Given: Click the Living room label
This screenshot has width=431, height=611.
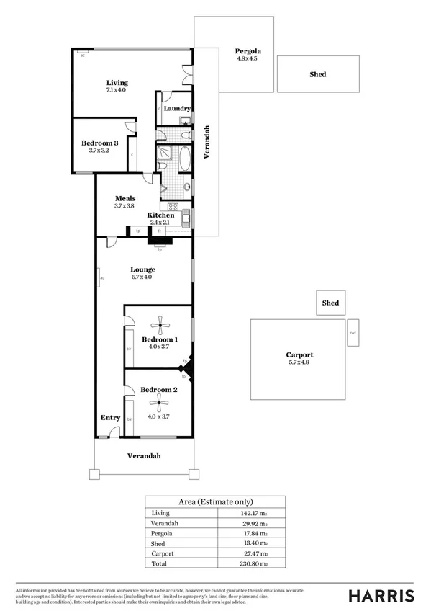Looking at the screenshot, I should pos(117,83).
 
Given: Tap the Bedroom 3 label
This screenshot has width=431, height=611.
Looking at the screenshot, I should pos(99,143).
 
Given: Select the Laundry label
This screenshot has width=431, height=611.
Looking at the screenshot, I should pos(176,109).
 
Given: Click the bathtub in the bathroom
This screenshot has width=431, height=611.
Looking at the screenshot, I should pos(185,158).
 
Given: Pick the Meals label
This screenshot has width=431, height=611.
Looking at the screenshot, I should pos(124,198).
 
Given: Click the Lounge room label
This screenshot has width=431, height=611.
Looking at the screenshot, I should pos(142,269).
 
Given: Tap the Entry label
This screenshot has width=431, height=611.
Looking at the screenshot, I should pos(110,418).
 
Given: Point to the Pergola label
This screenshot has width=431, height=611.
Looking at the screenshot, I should pos(248,51).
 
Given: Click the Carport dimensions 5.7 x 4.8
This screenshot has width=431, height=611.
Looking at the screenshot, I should pos(299,364).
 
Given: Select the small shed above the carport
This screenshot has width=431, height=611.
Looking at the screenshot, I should pos(330,303).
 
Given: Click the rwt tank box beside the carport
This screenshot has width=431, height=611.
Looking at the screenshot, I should pos(353,333).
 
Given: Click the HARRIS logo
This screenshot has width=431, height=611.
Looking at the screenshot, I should pos(381,595).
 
